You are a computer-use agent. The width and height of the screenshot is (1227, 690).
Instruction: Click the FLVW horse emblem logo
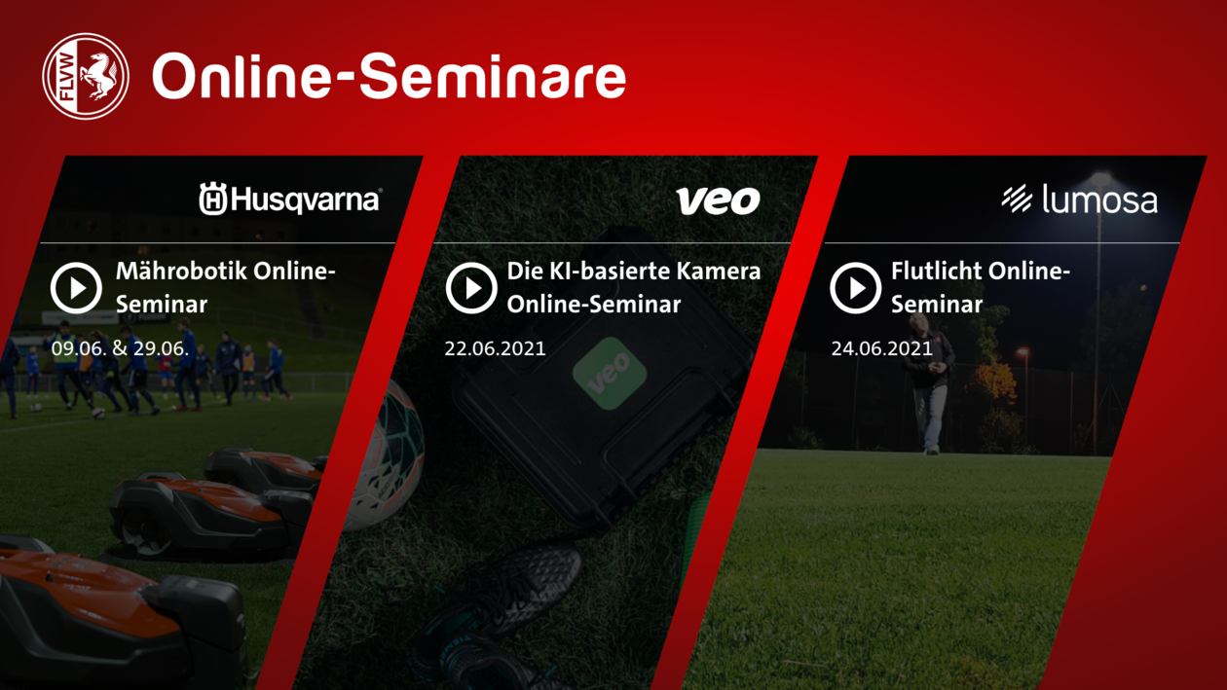point(86,76)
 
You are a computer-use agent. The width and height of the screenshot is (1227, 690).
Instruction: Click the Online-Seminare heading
point(389,76)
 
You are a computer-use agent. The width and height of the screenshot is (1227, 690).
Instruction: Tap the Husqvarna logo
point(290,199)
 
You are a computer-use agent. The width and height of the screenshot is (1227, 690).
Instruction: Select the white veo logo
point(718,200)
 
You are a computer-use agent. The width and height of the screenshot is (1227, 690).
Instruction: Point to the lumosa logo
point(1080,199)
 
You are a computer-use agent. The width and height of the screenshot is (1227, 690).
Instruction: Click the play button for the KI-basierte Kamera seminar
point(471,288)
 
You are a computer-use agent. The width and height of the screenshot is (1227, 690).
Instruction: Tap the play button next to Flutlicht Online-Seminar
point(856,288)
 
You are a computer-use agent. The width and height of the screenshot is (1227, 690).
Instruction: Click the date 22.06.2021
point(495,348)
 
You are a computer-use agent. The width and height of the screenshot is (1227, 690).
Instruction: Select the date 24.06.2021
point(881,348)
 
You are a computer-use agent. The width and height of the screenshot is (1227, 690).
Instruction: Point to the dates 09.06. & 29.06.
point(120,348)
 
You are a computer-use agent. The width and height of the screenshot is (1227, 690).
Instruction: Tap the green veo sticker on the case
point(610,374)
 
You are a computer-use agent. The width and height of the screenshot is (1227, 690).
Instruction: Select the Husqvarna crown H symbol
point(212,199)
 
